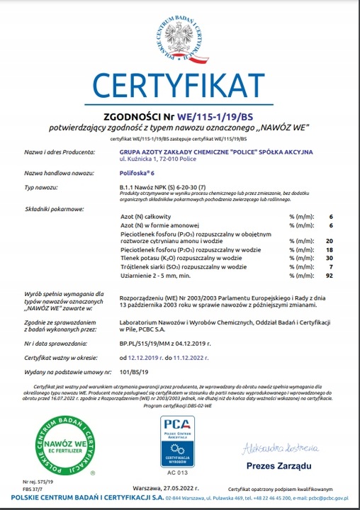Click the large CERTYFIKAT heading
pos(180,86)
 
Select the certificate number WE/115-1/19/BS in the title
pos(216,116)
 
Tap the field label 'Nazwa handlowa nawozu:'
pos(60,173)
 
